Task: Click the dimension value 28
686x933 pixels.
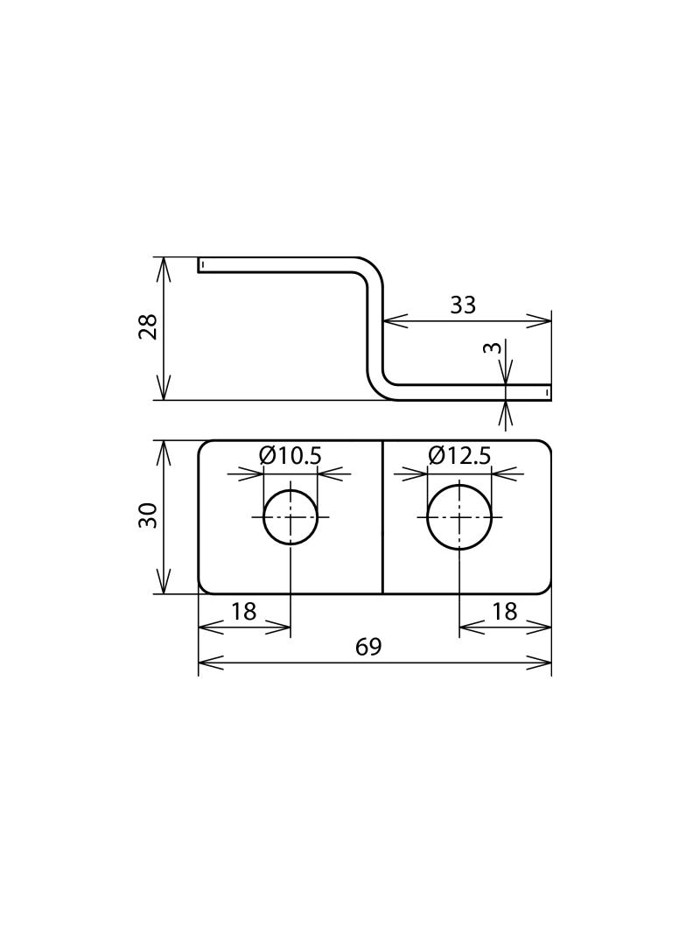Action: point(149,326)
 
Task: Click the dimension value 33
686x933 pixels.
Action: point(463,305)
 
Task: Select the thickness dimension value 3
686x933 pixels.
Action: point(493,347)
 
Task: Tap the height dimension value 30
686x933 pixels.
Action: point(149,515)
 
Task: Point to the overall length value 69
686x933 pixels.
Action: point(368,647)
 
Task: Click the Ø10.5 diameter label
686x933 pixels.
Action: point(290,456)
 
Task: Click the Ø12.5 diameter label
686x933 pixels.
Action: point(459,456)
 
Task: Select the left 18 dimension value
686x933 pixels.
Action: point(243,612)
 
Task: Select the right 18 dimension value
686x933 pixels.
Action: point(504,612)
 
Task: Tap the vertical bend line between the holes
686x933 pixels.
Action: point(382,516)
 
